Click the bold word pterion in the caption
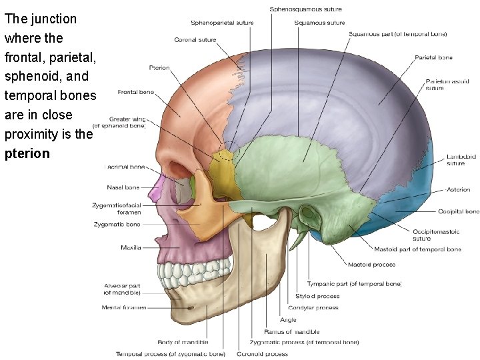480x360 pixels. (x=27, y=154)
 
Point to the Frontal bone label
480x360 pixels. (x=135, y=92)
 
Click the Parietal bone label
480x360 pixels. (x=433, y=58)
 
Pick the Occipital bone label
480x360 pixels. (x=458, y=211)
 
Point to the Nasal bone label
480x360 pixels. (x=123, y=187)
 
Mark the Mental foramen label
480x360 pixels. (x=124, y=307)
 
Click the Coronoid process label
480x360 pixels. (x=262, y=353)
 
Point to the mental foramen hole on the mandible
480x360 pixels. (x=191, y=308)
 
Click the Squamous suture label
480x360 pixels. (x=319, y=23)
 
